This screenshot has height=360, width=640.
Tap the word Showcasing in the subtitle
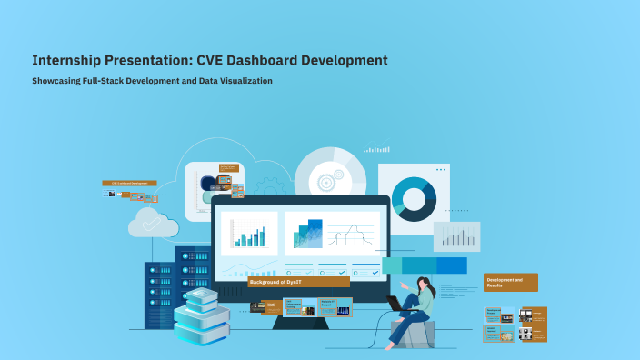tap(57, 81)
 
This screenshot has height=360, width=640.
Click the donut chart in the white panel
tap(415, 198)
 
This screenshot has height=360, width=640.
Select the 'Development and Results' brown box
tap(510, 282)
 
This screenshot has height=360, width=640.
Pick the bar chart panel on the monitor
tap(248, 235)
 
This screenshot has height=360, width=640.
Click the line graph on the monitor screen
tap(350, 234)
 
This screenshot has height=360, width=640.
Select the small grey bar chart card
tap(455, 237)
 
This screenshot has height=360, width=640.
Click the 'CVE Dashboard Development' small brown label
tap(128, 183)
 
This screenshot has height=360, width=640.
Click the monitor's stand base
tap(301, 319)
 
